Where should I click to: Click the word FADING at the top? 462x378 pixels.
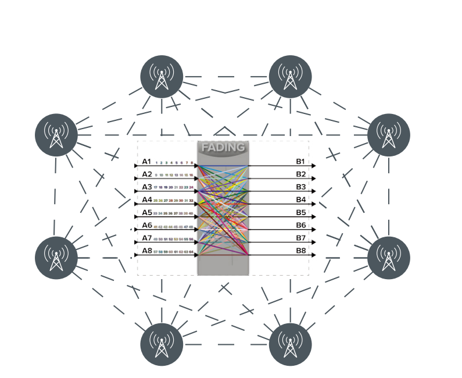click(x=223, y=148)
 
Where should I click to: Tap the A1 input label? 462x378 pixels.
click(x=147, y=162)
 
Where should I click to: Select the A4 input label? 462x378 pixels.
click(x=147, y=200)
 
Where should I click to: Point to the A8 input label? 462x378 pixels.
click(x=147, y=251)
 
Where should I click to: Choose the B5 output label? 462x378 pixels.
click(x=300, y=213)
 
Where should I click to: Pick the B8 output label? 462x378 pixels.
click(x=300, y=251)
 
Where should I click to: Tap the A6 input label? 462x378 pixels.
click(x=147, y=226)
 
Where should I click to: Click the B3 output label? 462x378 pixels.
click(x=300, y=187)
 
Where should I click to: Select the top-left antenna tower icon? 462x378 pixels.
click(x=162, y=77)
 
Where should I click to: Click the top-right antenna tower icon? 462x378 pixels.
click(x=290, y=77)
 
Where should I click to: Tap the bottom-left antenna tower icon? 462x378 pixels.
click(x=162, y=344)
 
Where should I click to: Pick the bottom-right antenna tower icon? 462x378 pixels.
click(x=290, y=344)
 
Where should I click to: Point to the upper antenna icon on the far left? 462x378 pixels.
click(x=56, y=135)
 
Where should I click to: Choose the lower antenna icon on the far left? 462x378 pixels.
click(x=56, y=257)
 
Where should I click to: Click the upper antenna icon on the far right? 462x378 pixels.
click(x=389, y=135)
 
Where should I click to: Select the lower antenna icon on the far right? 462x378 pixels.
click(x=389, y=257)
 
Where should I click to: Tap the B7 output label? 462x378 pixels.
click(x=300, y=238)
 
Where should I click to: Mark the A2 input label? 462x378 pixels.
click(x=147, y=174)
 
